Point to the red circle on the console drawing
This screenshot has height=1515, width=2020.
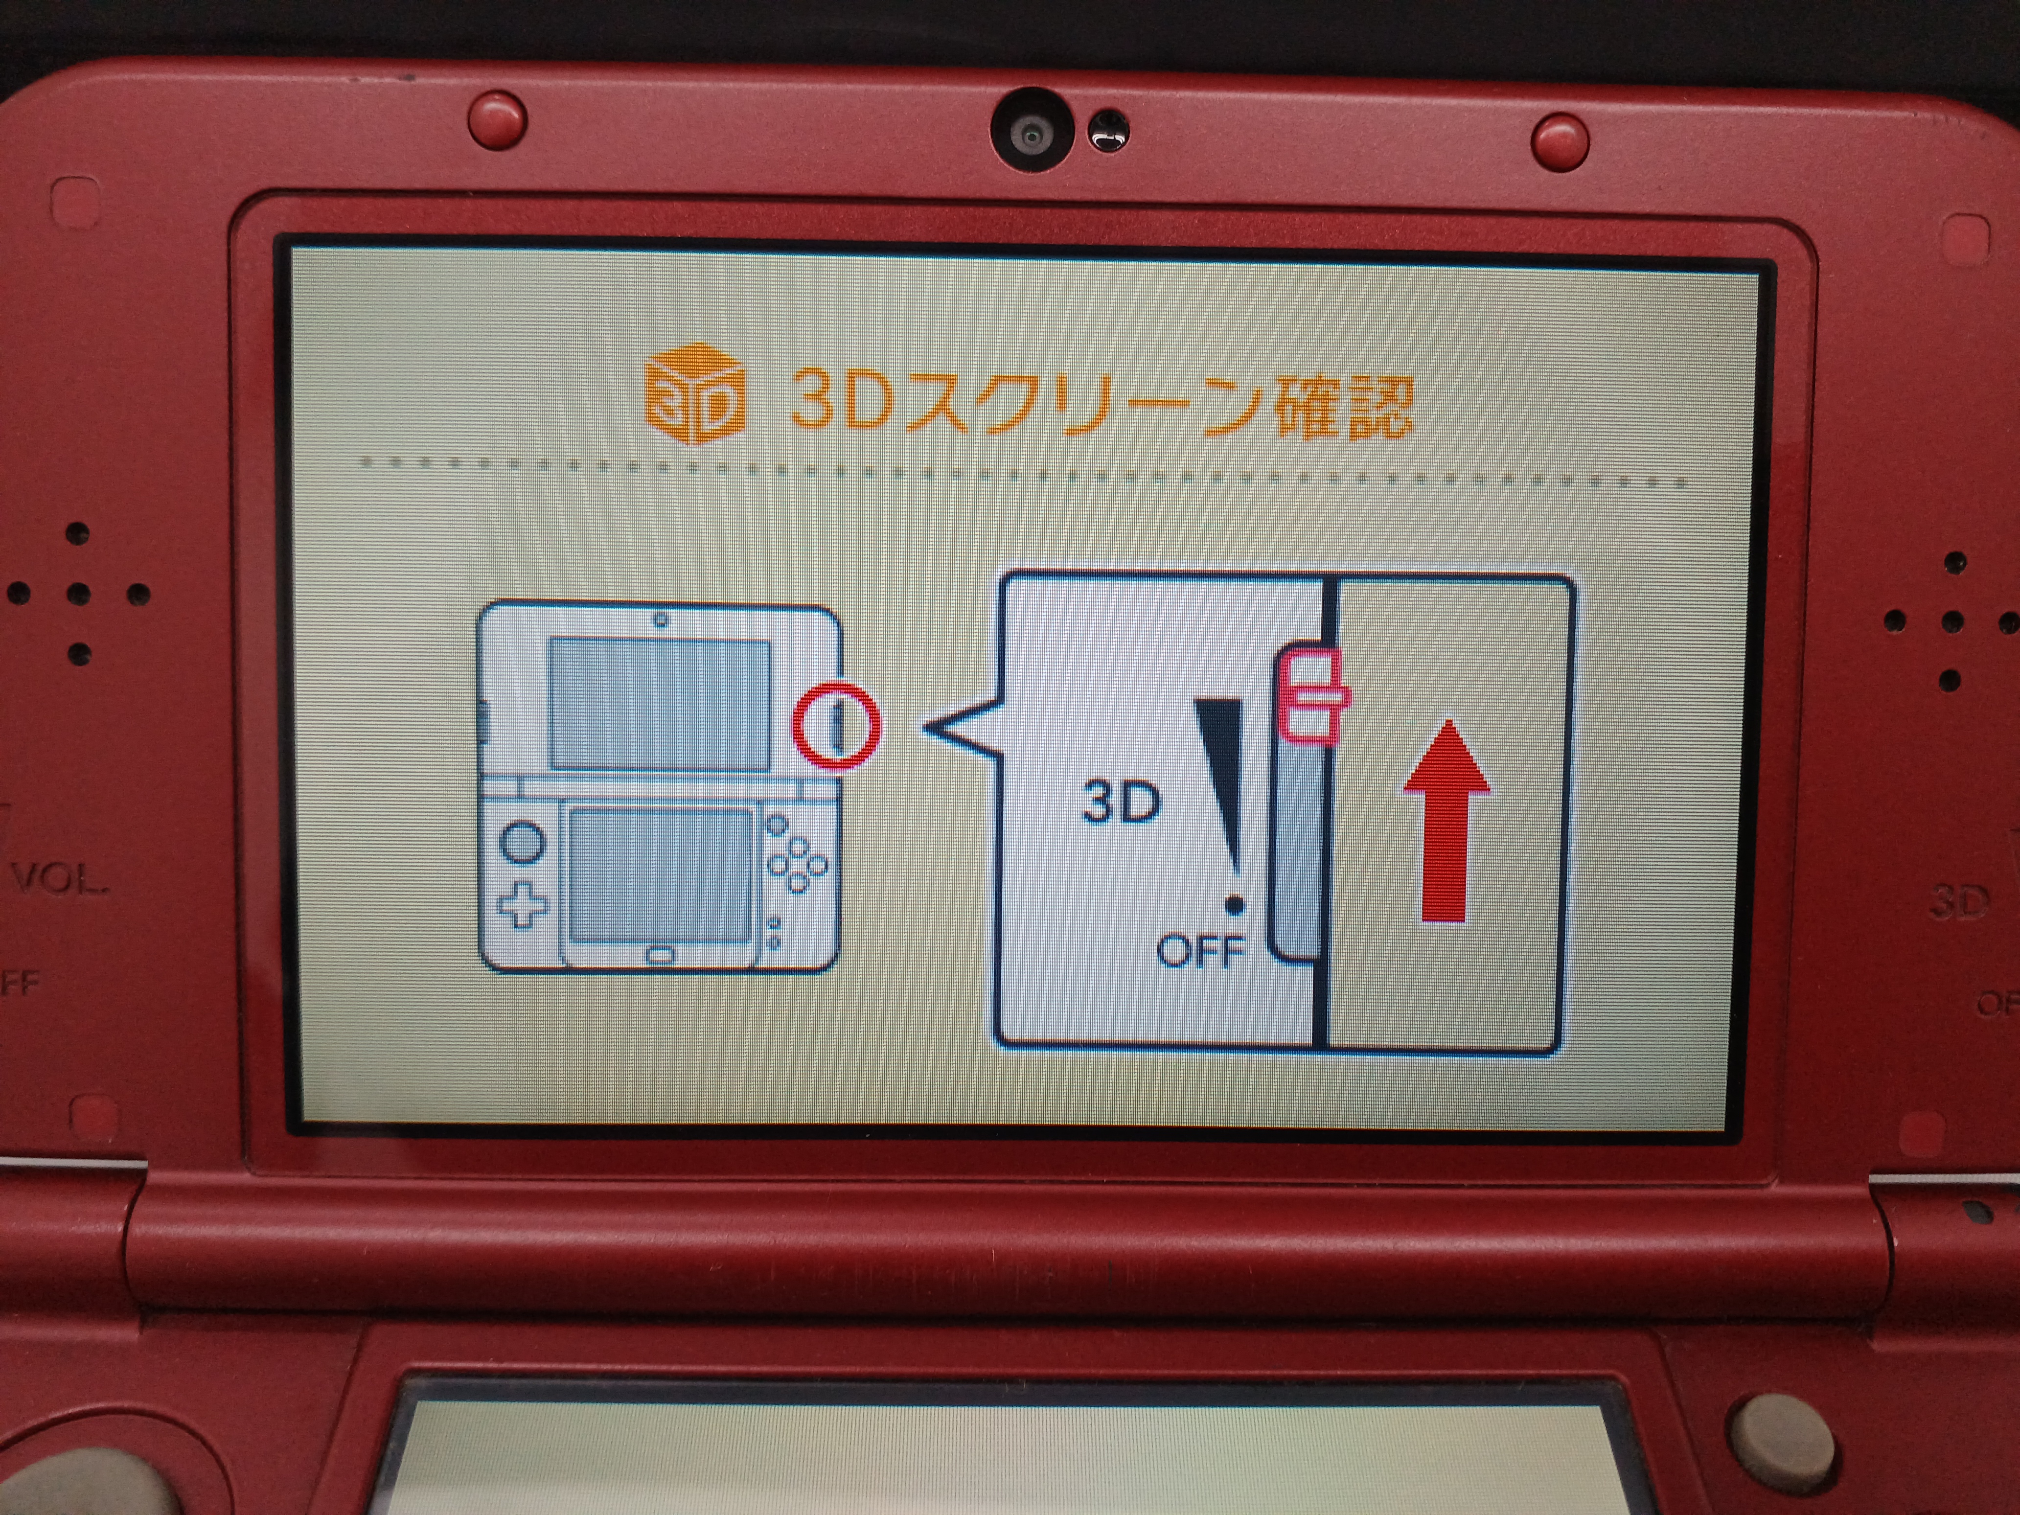click(x=836, y=726)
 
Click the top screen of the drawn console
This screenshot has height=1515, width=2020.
click(x=659, y=703)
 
